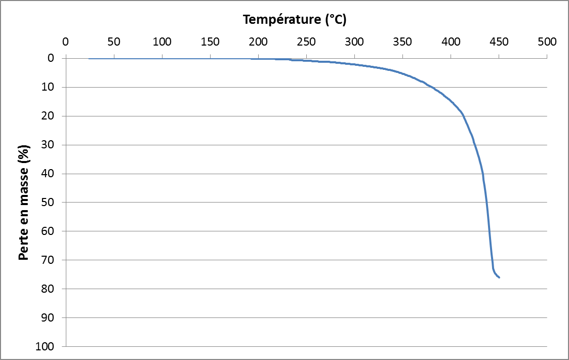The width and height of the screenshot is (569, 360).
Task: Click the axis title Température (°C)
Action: (x=295, y=20)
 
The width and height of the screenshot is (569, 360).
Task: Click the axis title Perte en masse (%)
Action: (x=23, y=203)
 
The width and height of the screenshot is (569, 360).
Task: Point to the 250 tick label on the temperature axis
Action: (x=306, y=42)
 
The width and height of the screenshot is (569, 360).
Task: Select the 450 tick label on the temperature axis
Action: (x=499, y=42)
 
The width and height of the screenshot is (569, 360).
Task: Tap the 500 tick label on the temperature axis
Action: (x=547, y=42)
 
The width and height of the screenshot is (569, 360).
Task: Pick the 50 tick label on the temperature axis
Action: (x=114, y=42)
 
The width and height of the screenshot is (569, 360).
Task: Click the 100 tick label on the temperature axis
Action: (x=162, y=42)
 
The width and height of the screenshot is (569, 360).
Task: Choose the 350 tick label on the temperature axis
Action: (x=402, y=42)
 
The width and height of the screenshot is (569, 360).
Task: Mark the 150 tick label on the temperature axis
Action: (x=210, y=42)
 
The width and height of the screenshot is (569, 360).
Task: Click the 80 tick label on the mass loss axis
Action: (x=49, y=289)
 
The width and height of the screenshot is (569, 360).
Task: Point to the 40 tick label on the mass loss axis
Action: (x=49, y=174)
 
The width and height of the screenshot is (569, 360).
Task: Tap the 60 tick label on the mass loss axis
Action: (x=49, y=231)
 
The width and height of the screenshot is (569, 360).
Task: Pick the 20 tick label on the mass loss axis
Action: (x=49, y=116)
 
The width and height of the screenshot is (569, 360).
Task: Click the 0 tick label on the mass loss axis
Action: (x=51, y=58)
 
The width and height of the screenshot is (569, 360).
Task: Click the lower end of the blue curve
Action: (x=499, y=277)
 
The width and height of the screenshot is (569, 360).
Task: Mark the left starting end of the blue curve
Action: (x=89, y=59)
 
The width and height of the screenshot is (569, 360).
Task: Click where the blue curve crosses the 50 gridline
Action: (x=486, y=203)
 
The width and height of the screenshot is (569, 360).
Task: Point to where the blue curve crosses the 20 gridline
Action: (x=463, y=116)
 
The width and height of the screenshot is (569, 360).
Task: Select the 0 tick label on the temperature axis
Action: (x=65, y=42)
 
